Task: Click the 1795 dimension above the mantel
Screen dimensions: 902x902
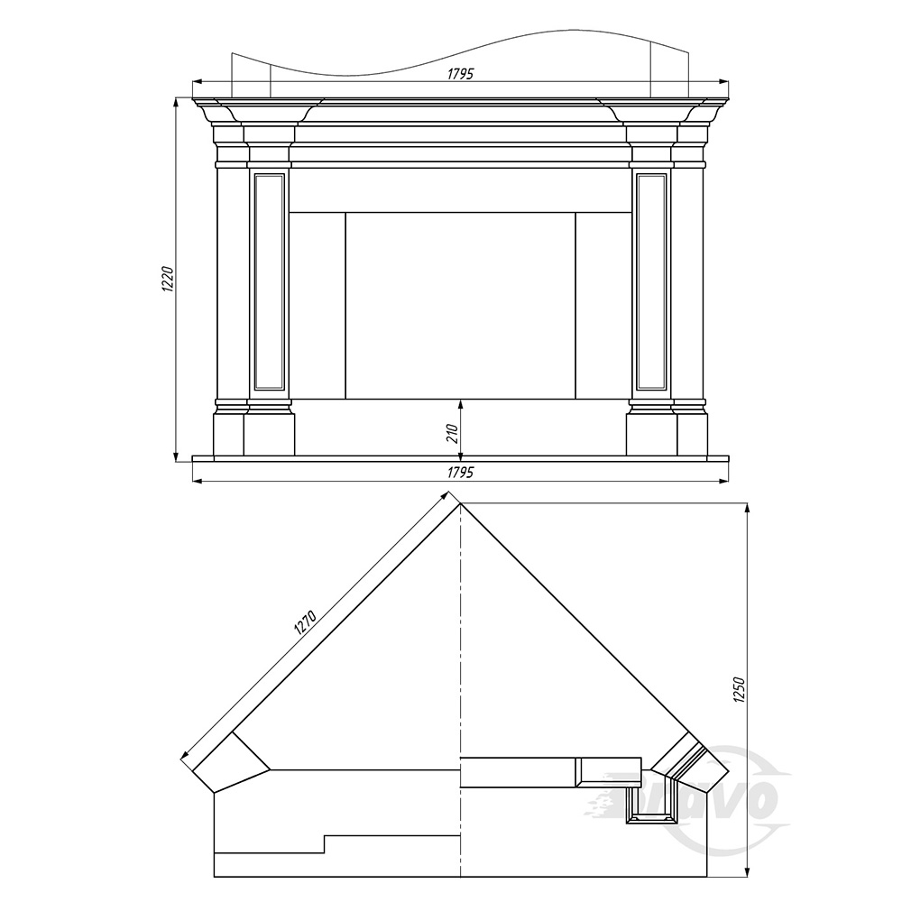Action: click(x=460, y=74)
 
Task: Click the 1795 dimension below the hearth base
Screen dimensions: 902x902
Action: click(x=460, y=472)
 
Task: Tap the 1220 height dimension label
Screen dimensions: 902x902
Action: click(x=167, y=279)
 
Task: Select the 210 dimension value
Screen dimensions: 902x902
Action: click(x=452, y=433)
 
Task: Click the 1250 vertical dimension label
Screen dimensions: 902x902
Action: click(x=740, y=690)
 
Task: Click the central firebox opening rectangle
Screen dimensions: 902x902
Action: click(x=460, y=306)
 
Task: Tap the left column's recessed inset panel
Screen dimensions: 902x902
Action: click(x=269, y=281)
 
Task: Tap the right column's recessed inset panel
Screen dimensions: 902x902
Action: click(x=652, y=281)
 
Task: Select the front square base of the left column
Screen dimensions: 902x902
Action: click(x=269, y=435)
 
